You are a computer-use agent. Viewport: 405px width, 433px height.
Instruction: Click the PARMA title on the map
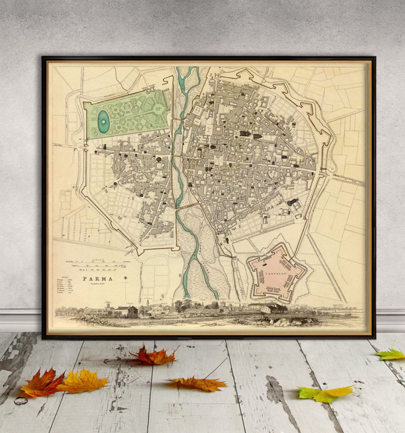97,279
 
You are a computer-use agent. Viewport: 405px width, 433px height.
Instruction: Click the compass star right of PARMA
126,278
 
